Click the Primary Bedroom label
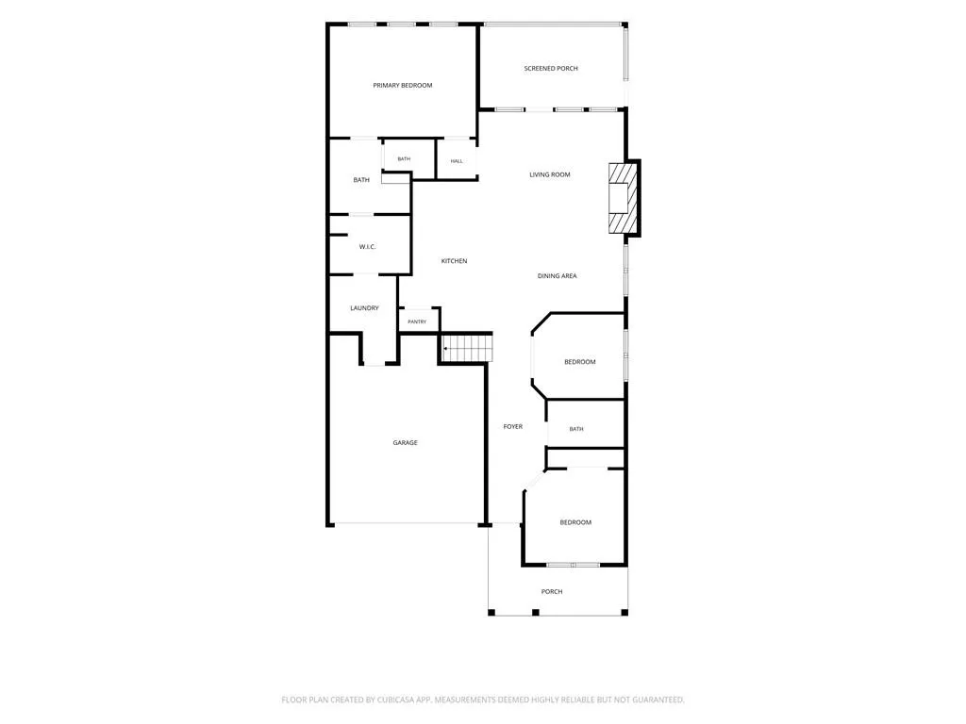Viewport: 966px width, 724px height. click(402, 86)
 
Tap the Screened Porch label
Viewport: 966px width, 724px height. click(551, 68)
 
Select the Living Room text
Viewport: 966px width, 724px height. click(550, 174)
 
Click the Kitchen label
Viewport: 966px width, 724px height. click(454, 261)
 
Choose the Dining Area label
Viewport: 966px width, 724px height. click(557, 276)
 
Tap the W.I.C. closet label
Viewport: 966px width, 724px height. click(367, 247)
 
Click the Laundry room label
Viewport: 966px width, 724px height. click(364, 308)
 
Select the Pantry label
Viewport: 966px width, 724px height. click(417, 322)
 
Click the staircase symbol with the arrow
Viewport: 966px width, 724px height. click(468, 348)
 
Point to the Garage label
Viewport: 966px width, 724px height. click(405, 443)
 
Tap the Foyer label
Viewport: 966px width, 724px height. click(512, 426)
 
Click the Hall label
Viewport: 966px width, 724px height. click(457, 161)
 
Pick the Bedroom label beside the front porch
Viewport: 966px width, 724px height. click(575, 522)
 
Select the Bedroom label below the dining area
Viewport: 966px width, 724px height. click(580, 362)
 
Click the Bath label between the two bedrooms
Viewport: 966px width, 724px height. click(576, 429)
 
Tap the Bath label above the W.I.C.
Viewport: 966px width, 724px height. click(361, 180)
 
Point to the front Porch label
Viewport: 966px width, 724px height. click(551, 592)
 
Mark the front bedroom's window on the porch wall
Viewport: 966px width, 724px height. click(573, 565)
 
